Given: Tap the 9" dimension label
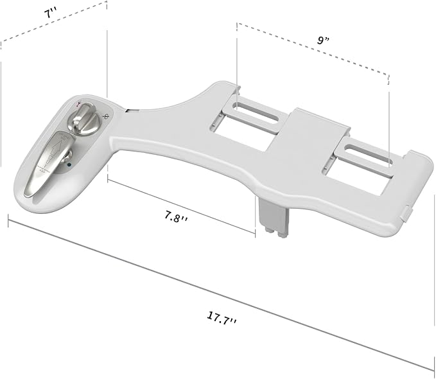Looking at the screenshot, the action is [323, 40].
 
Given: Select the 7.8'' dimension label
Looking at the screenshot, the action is [176, 216].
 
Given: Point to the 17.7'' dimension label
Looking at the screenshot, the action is [222, 318].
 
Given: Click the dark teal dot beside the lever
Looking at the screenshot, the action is [69, 164].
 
